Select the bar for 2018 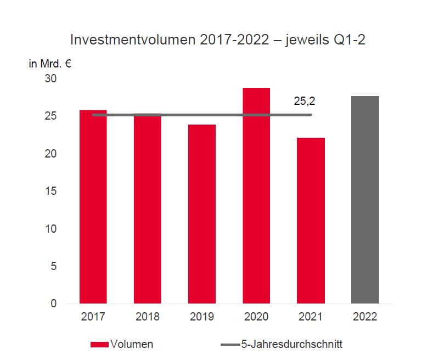(x=147, y=209)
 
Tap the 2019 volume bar (x=201, y=214)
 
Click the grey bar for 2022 (x=365, y=200)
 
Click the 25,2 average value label (x=305, y=102)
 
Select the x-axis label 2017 (x=93, y=317)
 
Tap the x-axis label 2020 (x=256, y=317)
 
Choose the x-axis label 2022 (x=365, y=317)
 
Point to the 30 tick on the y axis (x=50, y=78)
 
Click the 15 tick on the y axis (x=50, y=191)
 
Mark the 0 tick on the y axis (x=54, y=303)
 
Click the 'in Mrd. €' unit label (x=50, y=63)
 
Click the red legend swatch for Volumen (x=99, y=345)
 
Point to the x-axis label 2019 (x=201, y=317)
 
